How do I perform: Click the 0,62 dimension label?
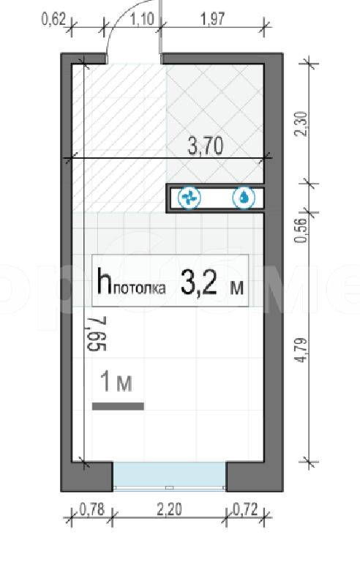point(54,19)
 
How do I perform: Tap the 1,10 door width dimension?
point(142,19)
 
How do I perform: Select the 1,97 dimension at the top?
point(213,19)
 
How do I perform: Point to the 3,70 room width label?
point(206,146)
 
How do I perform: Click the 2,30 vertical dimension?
point(301,124)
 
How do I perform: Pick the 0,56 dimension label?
point(301,230)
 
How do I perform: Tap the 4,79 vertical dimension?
point(301,350)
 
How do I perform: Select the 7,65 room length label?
point(97,334)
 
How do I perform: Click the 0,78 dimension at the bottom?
point(91,509)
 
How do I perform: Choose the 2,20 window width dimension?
point(169,509)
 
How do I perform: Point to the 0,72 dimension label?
point(245,509)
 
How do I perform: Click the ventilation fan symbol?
point(190,198)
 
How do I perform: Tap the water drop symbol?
point(244,198)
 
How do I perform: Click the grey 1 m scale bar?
point(118,406)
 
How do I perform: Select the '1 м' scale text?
point(116,381)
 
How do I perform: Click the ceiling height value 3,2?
point(199,282)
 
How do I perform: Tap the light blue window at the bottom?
point(169,475)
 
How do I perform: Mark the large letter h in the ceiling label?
point(105,281)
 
